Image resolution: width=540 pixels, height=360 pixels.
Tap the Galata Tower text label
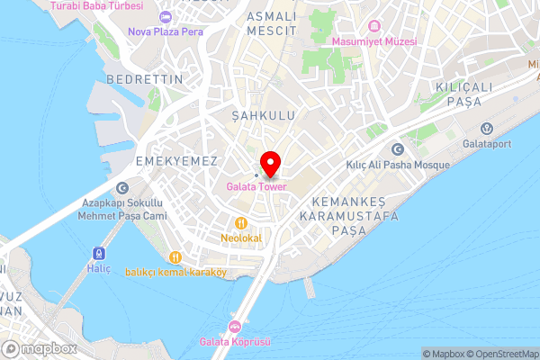[256, 187]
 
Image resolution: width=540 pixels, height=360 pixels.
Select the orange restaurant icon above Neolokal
[240, 222]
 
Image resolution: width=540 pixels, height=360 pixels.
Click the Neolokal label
[240, 238]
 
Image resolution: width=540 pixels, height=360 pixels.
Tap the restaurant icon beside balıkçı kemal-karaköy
[176, 256]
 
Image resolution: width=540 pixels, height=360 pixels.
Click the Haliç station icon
[97, 254]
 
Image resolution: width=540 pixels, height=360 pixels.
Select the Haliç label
[97, 269]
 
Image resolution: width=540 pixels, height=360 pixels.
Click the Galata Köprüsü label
[235, 341]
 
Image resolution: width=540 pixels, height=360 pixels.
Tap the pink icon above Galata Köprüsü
[235, 326]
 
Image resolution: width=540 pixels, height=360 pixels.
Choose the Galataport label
[487, 142]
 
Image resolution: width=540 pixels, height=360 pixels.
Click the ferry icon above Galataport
[487, 127]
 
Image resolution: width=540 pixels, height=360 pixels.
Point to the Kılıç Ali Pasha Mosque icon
[397, 149]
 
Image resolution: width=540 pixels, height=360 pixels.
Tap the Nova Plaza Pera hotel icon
[165, 16]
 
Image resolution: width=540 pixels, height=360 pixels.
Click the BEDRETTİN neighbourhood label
[144, 79]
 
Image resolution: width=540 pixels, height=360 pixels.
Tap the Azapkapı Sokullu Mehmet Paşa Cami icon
[122, 187]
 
